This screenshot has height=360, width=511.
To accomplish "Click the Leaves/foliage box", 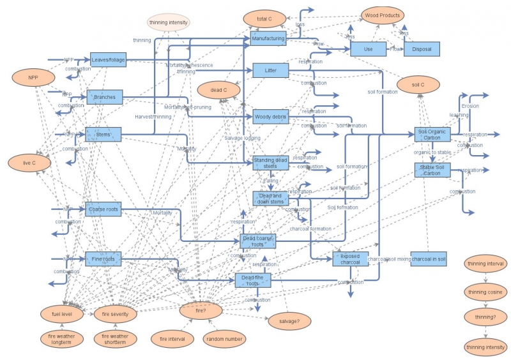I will (108, 60).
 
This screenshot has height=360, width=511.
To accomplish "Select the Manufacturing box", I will (267, 39).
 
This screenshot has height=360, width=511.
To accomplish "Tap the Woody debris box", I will (270, 117).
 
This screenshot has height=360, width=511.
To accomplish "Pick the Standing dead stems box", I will (270, 163).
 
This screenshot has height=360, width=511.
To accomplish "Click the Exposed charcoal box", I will (350, 259).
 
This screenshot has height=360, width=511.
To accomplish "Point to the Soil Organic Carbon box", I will (433, 134).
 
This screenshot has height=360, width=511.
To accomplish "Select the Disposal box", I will (422, 49).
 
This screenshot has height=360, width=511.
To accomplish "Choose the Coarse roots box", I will (103, 209).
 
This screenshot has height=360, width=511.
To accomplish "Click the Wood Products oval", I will (382, 15).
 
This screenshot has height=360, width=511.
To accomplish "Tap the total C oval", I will (264, 19).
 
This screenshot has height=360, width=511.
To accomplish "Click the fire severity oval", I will (115, 314).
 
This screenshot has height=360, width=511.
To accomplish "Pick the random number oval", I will (224, 339).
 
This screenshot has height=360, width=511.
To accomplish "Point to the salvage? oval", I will (289, 320).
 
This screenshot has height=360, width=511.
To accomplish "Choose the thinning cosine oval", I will (485, 292).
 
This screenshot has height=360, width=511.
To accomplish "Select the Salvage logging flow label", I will (242, 138).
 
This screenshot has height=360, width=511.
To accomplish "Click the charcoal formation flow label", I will (310, 229).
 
